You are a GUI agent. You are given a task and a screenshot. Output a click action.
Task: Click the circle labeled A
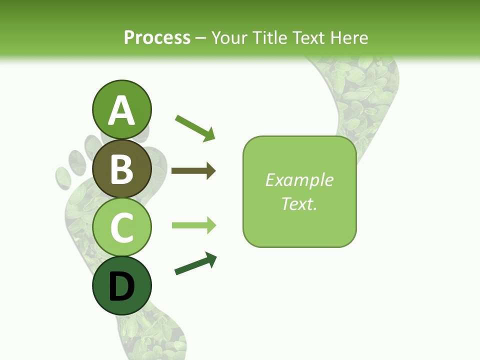(121, 110)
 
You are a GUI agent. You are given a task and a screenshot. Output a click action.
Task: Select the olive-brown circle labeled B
(121, 168)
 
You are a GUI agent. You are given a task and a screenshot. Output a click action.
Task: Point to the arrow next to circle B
(193, 171)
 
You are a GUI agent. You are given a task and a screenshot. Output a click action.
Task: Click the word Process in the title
(157, 37)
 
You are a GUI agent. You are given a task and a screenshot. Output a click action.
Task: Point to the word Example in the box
(299, 180)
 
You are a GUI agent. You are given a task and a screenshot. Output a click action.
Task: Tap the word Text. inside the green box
(299, 203)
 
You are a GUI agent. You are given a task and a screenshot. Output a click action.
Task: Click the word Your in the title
(229, 37)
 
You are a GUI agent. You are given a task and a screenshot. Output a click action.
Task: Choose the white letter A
(121, 111)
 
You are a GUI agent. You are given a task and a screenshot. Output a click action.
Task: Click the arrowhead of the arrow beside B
(211, 171)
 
